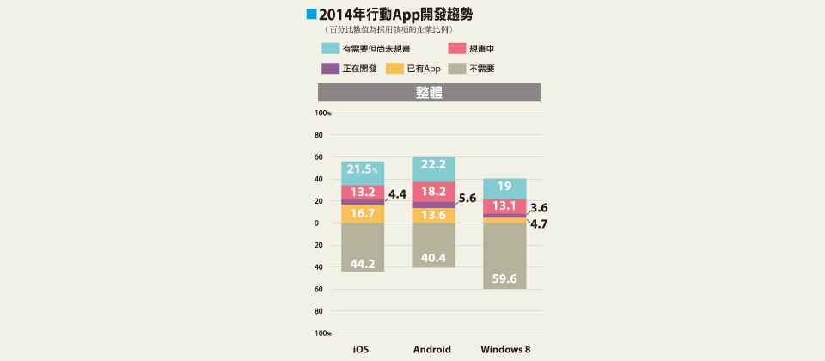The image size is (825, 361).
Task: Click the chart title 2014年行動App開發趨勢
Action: (x=394, y=15)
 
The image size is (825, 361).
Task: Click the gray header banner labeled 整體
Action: (x=429, y=92)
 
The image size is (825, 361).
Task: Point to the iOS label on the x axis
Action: (x=362, y=350)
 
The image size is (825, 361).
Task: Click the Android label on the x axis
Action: (x=433, y=350)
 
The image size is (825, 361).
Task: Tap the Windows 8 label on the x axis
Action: (x=504, y=350)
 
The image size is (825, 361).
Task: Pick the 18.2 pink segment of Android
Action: (x=433, y=192)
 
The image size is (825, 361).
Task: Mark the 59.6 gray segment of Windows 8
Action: (x=504, y=256)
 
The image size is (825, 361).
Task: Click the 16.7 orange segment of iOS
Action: (x=362, y=213)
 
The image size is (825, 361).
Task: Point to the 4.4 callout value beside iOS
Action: (x=397, y=195)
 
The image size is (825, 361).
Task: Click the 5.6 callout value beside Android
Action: (x=467, y=198)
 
